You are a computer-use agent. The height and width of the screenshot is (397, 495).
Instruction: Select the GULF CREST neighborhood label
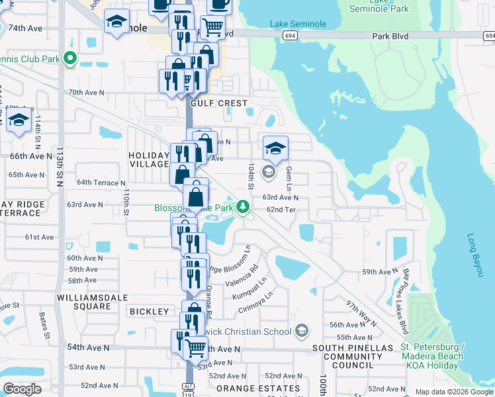[x=218, y=103]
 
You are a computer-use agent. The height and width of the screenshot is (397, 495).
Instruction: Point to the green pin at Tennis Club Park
[x=69, y=60]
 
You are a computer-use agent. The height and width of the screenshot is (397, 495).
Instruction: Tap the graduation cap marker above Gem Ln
[x=275, y=148]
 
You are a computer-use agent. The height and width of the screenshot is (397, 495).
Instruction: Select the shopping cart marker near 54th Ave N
[x=195, y=347]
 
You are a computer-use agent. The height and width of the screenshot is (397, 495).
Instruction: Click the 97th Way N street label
[x=360, y=314]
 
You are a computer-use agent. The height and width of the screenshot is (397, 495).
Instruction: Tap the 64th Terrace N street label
[x=101, y=182]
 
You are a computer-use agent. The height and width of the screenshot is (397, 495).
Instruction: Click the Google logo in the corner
[x=22, y=389]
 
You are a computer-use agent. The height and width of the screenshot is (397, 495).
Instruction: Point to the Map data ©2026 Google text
[x=453, y=392]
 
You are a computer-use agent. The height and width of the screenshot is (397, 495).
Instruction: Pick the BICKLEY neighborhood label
[x=150, y=311]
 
